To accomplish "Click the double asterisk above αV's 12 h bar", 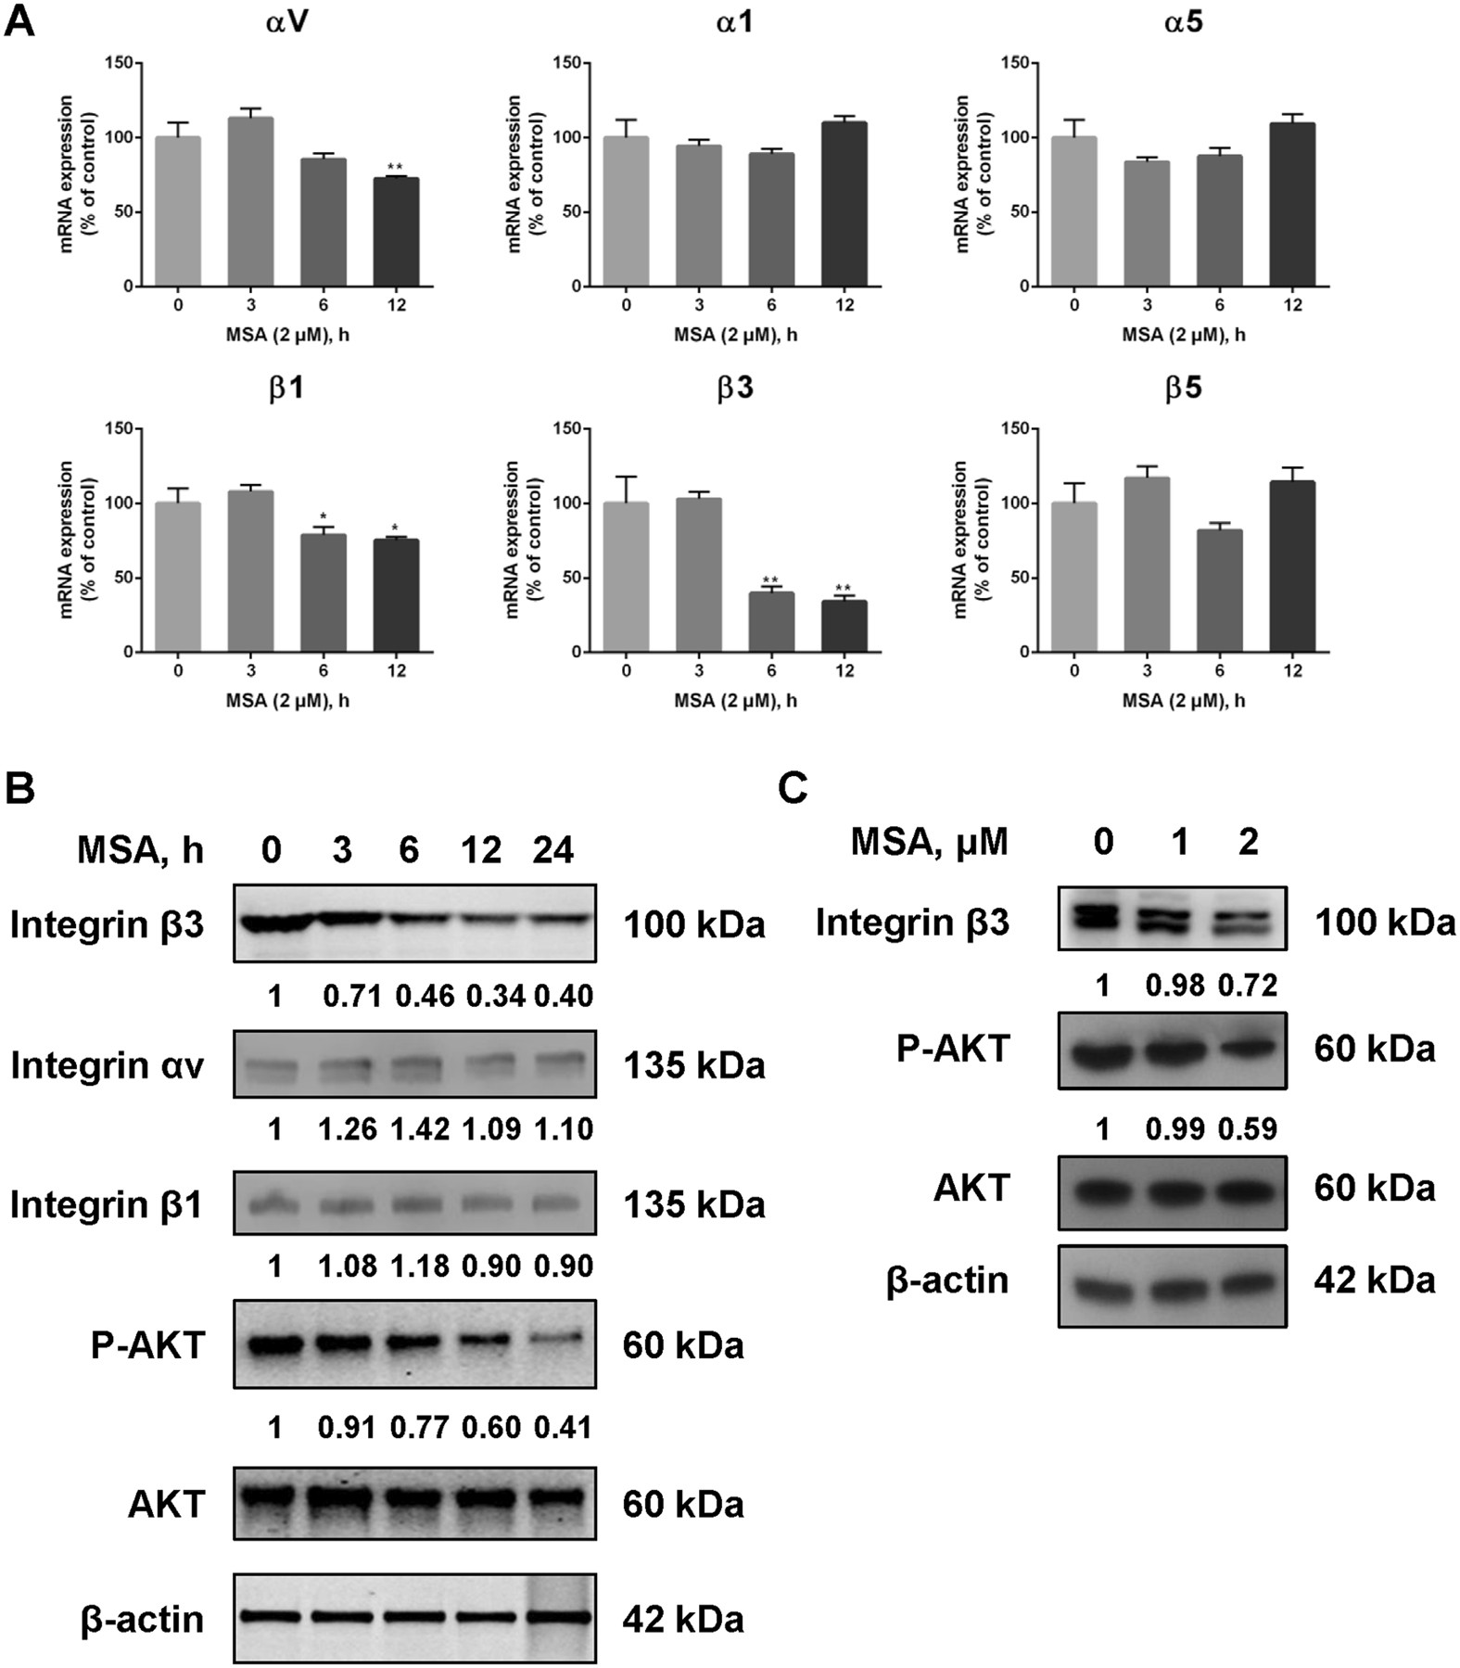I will (x=396, y=168).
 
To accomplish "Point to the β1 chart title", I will (x=286, y=388).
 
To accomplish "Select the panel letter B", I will (x=20, y=789).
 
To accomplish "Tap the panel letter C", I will (x=793, y=789).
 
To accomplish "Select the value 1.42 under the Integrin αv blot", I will (x=421, y=1129).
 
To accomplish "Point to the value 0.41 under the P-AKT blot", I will (x=562, y=1427).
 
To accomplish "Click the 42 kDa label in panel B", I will (x=683, y=1619).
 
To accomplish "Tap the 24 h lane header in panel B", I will (x=553, y=850).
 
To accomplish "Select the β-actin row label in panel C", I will (x=947, y=1280).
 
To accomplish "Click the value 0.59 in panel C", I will (x=1249, y=1129).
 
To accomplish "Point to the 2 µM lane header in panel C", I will (x=1249, y=842).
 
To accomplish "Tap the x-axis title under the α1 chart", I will (x=735, y=334).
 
